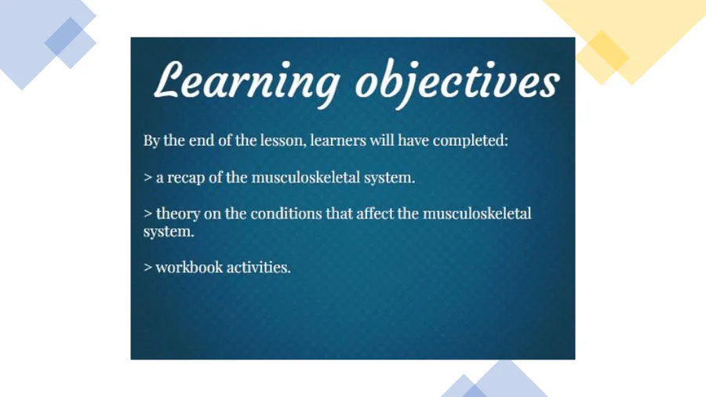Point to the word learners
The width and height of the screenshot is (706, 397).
coord(338,141)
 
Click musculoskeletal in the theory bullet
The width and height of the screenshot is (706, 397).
coord(477,213)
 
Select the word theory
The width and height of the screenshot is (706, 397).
coord(178,214)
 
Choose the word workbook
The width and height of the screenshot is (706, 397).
coord(189,268)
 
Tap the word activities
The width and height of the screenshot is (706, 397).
coord(257,268)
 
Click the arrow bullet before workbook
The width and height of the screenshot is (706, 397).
coord(147,268)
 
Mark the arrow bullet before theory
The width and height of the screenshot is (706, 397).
coord(147,214)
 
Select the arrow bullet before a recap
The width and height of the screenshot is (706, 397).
coord(147,178)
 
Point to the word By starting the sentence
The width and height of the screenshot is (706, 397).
coord(151,141)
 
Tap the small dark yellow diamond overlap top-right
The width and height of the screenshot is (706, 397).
coord(608,51)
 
